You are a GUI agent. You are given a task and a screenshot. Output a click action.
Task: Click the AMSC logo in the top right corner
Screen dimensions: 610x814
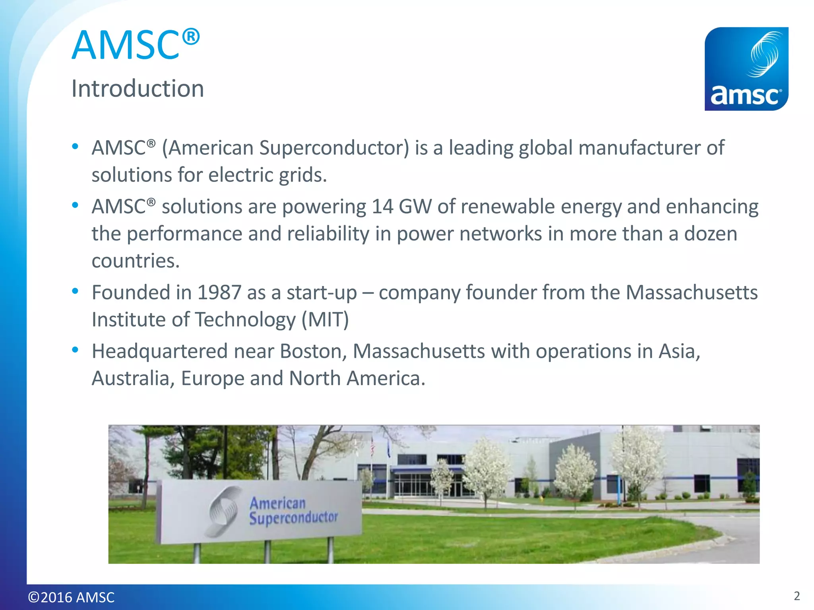tap(746, 69)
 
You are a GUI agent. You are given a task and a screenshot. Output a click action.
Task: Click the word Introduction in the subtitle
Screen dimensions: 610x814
tap(138, 88)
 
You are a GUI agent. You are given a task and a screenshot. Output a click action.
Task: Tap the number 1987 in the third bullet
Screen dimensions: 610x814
tap(219, 292)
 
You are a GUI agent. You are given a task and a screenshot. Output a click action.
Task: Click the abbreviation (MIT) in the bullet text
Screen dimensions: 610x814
tap(325, 319)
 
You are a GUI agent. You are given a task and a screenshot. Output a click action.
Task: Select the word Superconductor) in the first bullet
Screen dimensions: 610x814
tap(334, 148)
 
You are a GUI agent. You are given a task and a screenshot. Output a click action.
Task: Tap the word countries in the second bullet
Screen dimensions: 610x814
tap(136, 261)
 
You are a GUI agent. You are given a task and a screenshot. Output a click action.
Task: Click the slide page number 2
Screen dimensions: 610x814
tap(797, 596)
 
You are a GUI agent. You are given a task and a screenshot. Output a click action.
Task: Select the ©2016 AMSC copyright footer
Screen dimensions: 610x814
tap(71, 597)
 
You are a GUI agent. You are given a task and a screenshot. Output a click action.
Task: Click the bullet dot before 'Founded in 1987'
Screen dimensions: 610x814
tap(75, 291)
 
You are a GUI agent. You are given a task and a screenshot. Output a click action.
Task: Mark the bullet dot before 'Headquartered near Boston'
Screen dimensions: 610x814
tap(75, 350)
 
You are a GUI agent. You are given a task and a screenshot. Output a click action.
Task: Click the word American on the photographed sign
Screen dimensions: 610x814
tap(277, 503)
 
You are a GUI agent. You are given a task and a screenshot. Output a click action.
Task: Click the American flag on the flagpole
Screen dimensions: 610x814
tap(372, 447)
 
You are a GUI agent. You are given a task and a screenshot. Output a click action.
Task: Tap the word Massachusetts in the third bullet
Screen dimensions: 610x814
tap(692, 292)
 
